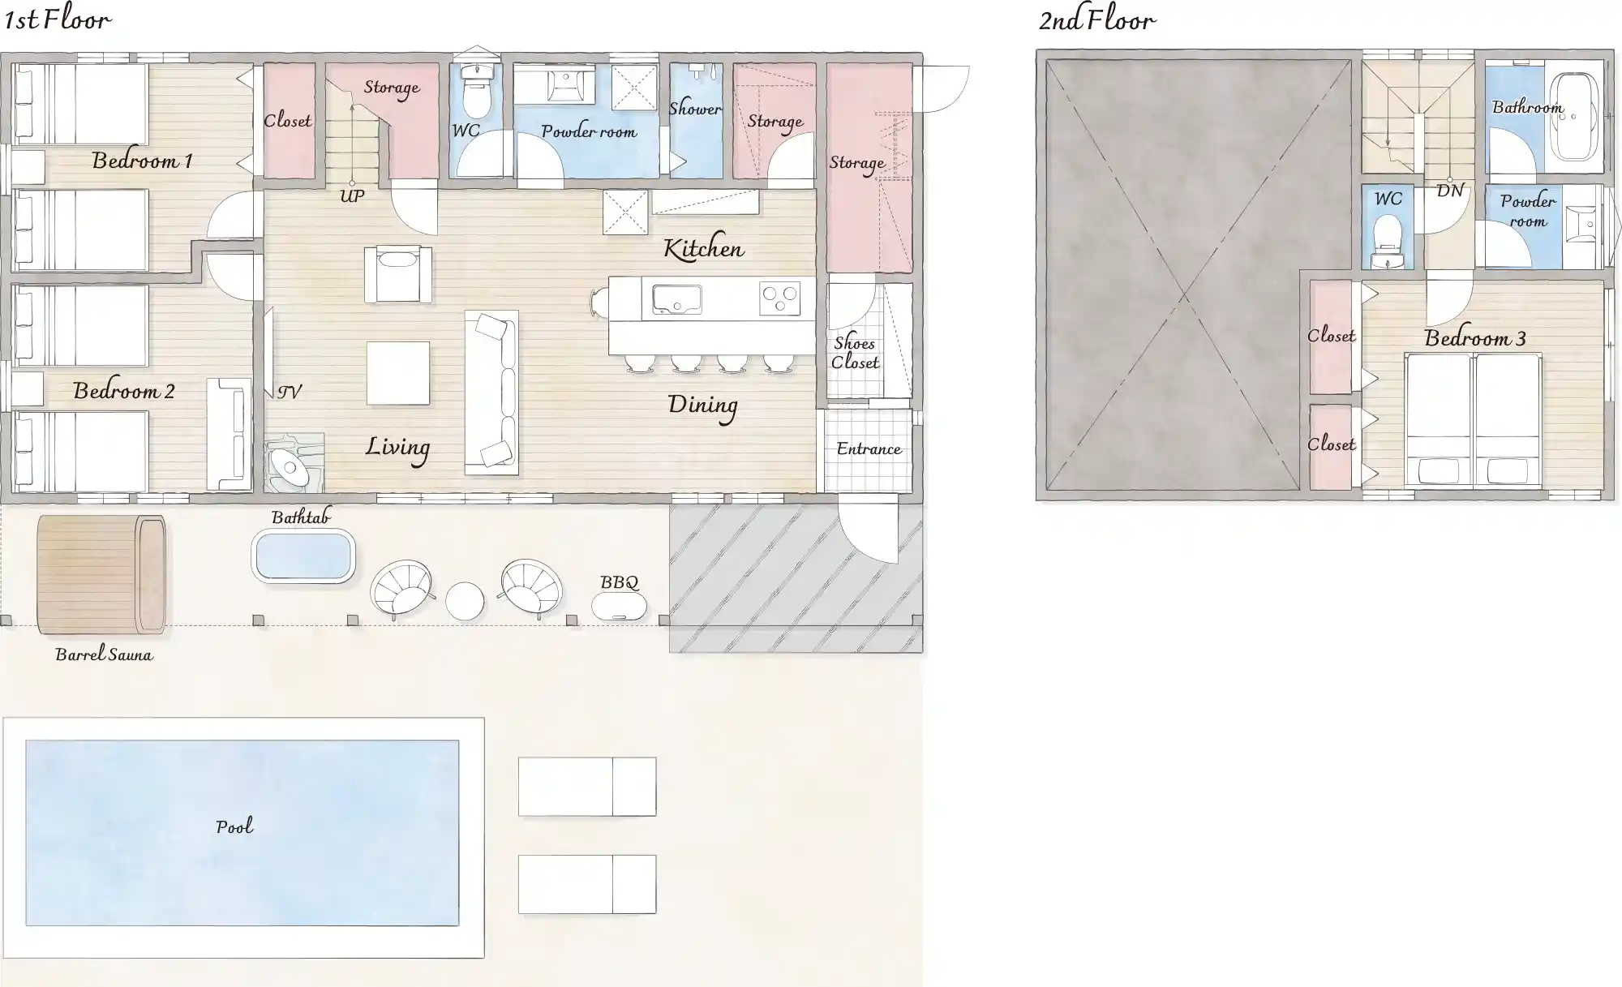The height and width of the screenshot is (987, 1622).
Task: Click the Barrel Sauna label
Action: (x=104, y=654)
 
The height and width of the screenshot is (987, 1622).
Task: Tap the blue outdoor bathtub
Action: (x=303, y=556)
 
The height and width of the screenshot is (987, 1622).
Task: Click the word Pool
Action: (x=234, y=826)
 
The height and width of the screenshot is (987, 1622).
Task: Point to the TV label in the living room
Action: (x=290, y=392)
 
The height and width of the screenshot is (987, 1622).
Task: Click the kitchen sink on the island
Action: (x=672, y=299)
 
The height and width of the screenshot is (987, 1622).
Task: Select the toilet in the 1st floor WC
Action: (x=476, y=94)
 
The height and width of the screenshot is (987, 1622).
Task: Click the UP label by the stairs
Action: (x=351, y=196)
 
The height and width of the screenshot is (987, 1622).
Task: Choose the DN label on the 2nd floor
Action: (x=1450, y=191)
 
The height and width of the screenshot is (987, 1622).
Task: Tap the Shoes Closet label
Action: (x=855, y=353)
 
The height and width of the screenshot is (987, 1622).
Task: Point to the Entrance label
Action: (x=869, y=448)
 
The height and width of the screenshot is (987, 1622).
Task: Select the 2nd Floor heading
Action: (x=1097, y=19)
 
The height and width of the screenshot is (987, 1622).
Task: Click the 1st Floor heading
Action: (x=58, y=19)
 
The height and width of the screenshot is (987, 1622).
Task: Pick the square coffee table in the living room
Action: (x=398, y=373)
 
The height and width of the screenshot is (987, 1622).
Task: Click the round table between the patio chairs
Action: (x=465, y=601)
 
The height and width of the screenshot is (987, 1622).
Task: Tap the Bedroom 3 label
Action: (x=1475, y=338)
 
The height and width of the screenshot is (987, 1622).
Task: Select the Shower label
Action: (x=695, y=109)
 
